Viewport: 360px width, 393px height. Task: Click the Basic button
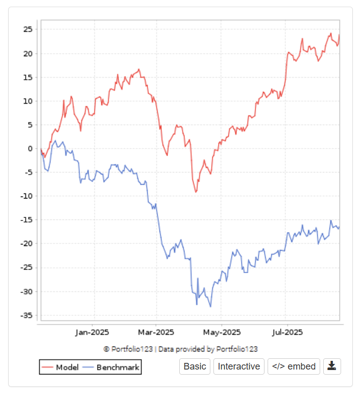click(x=195, y=366)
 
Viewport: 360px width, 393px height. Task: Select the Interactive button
click(x=239, y=366)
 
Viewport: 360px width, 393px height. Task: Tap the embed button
click(x=294, y=366)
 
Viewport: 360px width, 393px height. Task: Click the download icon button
click(x=332, y=366)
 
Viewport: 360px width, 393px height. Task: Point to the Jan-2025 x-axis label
click(x=92, y=332)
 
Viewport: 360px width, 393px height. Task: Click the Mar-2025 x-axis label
click(x=156, y=332)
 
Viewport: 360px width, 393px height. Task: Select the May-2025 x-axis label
click(x=221, y=332)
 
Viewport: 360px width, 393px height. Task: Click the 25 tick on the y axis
click(x=28, y=30)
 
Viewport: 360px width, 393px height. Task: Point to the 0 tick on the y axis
click(x=30, y=149)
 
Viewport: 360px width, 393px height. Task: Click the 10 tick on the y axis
click(x=28, y=101)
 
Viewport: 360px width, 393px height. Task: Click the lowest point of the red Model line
click(x=196, y=192)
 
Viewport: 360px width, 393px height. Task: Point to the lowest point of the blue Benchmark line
click(x=210, y=307)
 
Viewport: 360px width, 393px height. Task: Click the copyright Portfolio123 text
click(x=180, y=349)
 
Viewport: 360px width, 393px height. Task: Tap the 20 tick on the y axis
click(x=28, y=54)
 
